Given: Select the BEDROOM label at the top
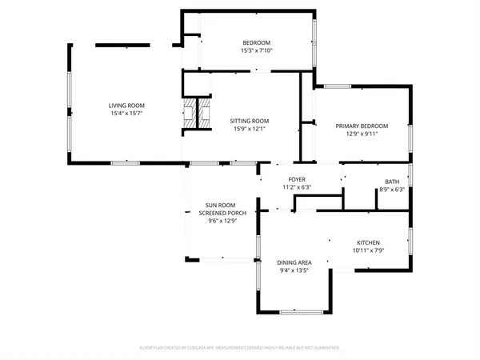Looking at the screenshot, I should [x=257, y=42].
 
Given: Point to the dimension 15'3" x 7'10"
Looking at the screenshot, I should [x=257, y=50].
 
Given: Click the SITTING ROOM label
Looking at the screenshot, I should [x=249, y=121].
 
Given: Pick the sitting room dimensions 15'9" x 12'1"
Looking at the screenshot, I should [x=249, y=129].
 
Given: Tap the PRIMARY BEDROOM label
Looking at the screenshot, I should [x=362, y=126].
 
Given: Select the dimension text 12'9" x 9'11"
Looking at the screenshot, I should [x=362, y=134].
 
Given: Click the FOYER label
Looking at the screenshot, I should [x=297, y=179].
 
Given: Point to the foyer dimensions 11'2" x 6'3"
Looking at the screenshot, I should [x=297, y=187].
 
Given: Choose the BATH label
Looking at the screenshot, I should [x=391, y=182].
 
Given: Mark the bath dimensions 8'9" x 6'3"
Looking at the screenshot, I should [x=391, y=190].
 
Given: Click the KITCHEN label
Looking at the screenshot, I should [x=368, y=242].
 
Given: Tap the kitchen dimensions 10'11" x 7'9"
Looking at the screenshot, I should [x=368, y=250].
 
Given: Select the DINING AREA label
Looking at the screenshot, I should [x=294, y=262].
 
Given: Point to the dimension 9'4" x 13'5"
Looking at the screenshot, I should [x=294, y=270].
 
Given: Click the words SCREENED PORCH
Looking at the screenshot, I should [x=217, y=213].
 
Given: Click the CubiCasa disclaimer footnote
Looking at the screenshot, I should [x=240, y=348].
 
